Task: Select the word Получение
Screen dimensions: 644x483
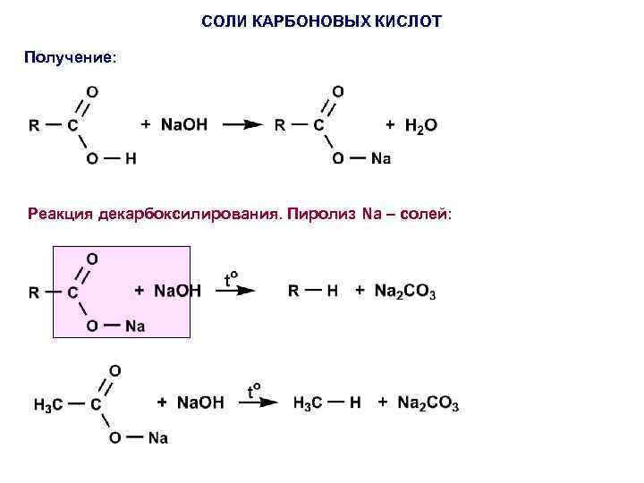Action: (69, 57)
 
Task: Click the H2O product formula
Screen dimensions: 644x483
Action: (420, 126)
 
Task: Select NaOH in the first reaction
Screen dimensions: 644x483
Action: (183, 125)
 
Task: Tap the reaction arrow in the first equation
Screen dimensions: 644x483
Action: (241, 126)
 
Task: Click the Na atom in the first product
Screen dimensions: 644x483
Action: (380, 159)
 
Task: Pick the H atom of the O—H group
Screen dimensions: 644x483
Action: (131, 159)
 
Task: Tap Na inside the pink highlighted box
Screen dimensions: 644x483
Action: (134, 326)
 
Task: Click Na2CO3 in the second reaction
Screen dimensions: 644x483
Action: (405, 292)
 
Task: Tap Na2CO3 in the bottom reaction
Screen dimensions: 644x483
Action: (428, 404)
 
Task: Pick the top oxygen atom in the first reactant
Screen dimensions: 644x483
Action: (91, 91)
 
